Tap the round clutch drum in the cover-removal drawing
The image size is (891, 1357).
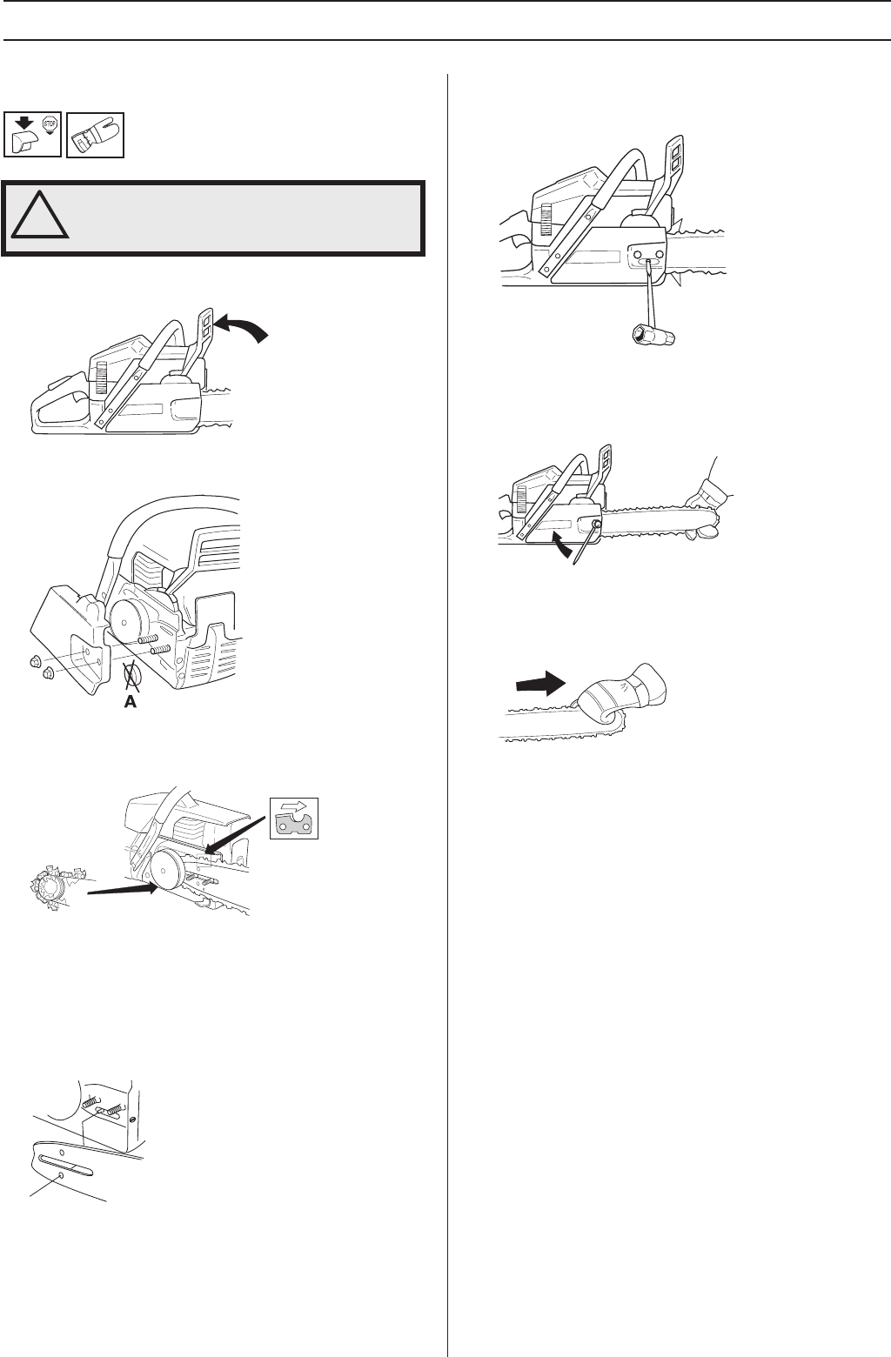click(132, 608)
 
